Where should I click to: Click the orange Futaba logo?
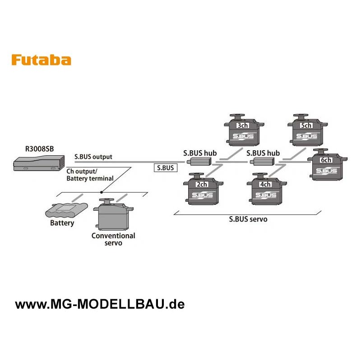tap(41, 60)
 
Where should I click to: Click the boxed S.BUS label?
tap(165, 168)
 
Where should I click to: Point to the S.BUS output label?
tap(93, 157)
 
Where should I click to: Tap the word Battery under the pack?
tap(62, 223)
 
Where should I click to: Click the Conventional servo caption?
tap(113, 239)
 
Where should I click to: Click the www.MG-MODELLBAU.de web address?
tap(100, 304)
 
